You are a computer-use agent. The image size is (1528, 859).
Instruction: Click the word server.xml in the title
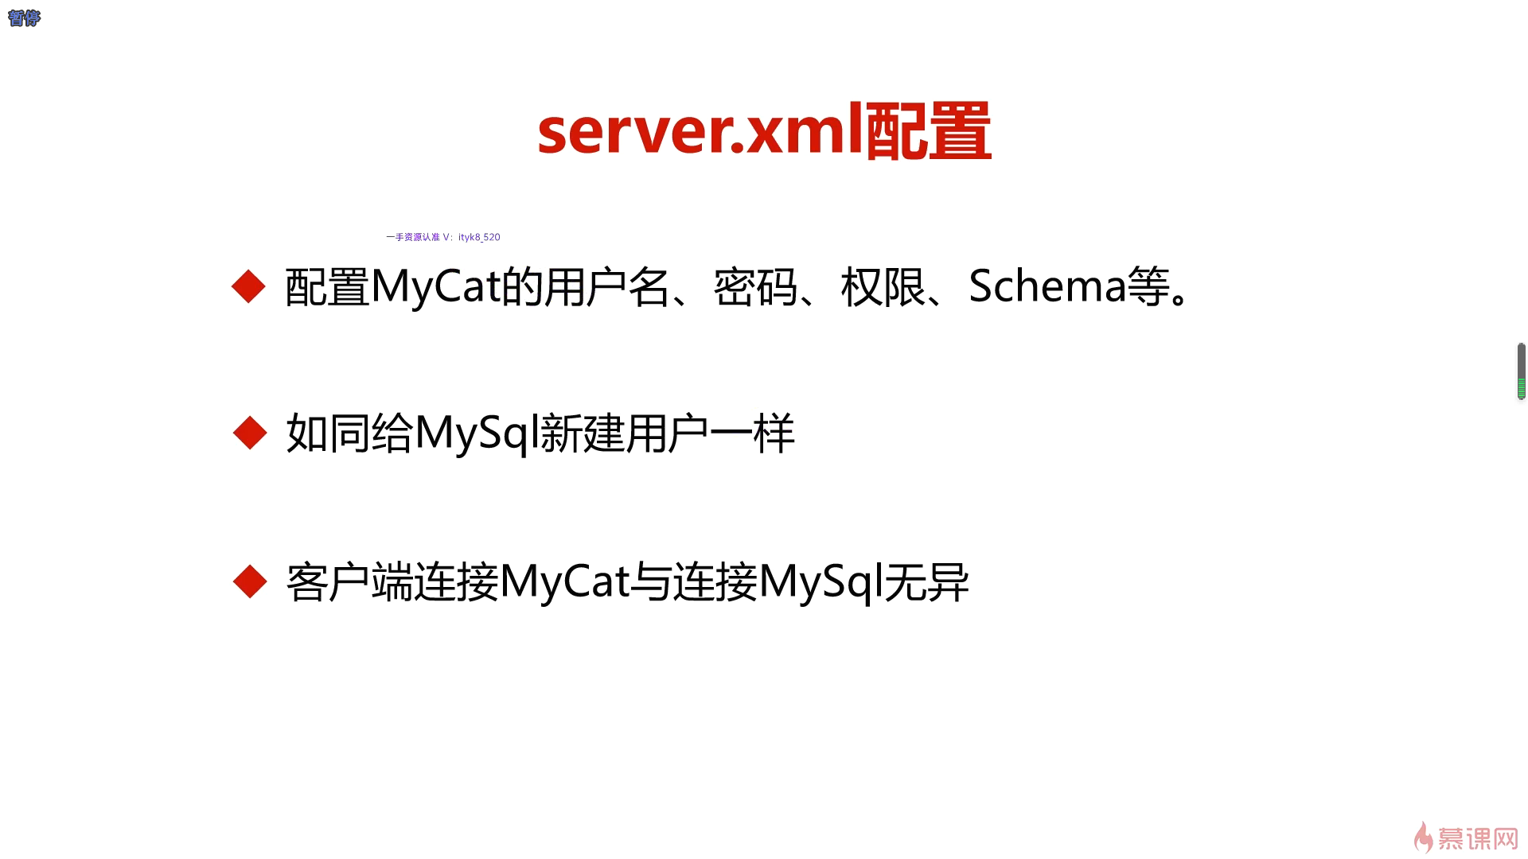[x=700, y=131]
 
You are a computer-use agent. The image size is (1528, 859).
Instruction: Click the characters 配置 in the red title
[x=928, y=131]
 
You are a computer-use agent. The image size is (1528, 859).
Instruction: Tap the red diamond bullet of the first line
[x=248, y=286]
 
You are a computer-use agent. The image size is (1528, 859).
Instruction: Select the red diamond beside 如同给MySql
[x=250, y=433]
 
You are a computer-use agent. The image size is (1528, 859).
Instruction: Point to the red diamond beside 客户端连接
[x=250, y=581]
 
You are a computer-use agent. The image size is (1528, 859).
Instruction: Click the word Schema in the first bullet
[x=1047, y=286]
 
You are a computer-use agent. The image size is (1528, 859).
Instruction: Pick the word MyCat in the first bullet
[x=435, y=286]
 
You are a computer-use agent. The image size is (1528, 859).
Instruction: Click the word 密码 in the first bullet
[x=755, y=286]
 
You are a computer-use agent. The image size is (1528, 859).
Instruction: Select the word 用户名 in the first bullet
[x=606, y=286]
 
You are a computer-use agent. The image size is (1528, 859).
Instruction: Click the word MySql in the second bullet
[x=476, y=434]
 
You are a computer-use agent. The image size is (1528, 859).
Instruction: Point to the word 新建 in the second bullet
[x=583, y=434]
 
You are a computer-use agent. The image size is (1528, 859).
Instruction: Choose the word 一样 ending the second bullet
[x=752, y=434]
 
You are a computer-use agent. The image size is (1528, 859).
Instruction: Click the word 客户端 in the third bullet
[x=349, y=582]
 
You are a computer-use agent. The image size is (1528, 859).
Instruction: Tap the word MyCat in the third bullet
[x=564, y=582]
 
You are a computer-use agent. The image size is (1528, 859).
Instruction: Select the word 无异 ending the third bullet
[x=926, y=582]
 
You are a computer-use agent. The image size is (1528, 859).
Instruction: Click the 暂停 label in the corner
[x=24, y=17]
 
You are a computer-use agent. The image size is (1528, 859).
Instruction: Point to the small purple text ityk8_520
[x=479, y=237]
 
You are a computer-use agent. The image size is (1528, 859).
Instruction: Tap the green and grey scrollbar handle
[x=1521, y=371]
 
